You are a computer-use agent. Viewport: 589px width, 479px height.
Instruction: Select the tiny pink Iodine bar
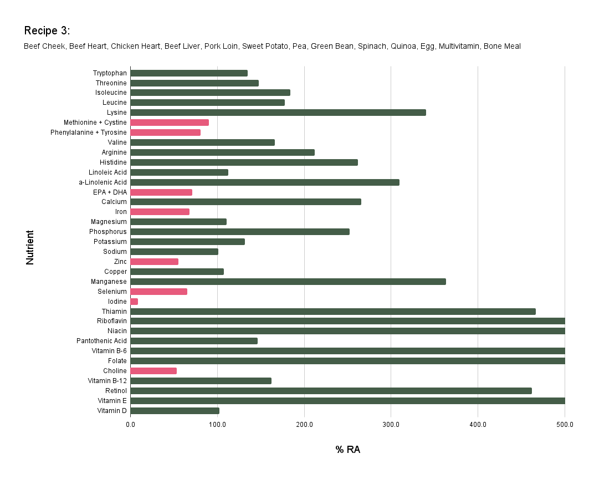click(x=134, y=302)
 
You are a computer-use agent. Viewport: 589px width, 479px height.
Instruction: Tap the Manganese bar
click(x=288, y=282)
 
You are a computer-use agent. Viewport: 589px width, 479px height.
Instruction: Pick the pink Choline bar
click(x=153, y=371)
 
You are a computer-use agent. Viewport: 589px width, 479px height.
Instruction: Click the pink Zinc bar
click(x=154, y=262)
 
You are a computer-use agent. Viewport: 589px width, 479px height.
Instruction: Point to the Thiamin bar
click(x=332, y=312)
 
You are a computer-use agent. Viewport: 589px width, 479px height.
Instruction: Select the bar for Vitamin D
click(x=175, y=411)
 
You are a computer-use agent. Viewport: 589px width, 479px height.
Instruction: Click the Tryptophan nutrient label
click(x=110, y=73)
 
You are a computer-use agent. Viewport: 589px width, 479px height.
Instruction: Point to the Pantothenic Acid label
click(x=101, y=341)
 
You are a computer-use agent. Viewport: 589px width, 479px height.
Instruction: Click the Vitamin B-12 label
click(x=107, y=381)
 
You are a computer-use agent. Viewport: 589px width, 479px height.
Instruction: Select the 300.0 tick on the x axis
click(x=391, y=425)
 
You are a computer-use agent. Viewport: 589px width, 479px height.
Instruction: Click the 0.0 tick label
click(x=131, y=425)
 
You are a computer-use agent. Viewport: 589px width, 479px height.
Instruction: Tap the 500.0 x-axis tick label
click(x=565, y=425)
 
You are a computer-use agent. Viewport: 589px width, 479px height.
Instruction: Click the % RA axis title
click(x=347, y=450)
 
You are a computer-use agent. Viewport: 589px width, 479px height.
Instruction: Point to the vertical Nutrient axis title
click(x=30, y=247)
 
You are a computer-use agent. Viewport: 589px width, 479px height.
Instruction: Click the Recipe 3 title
click(x=47, y=30)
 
